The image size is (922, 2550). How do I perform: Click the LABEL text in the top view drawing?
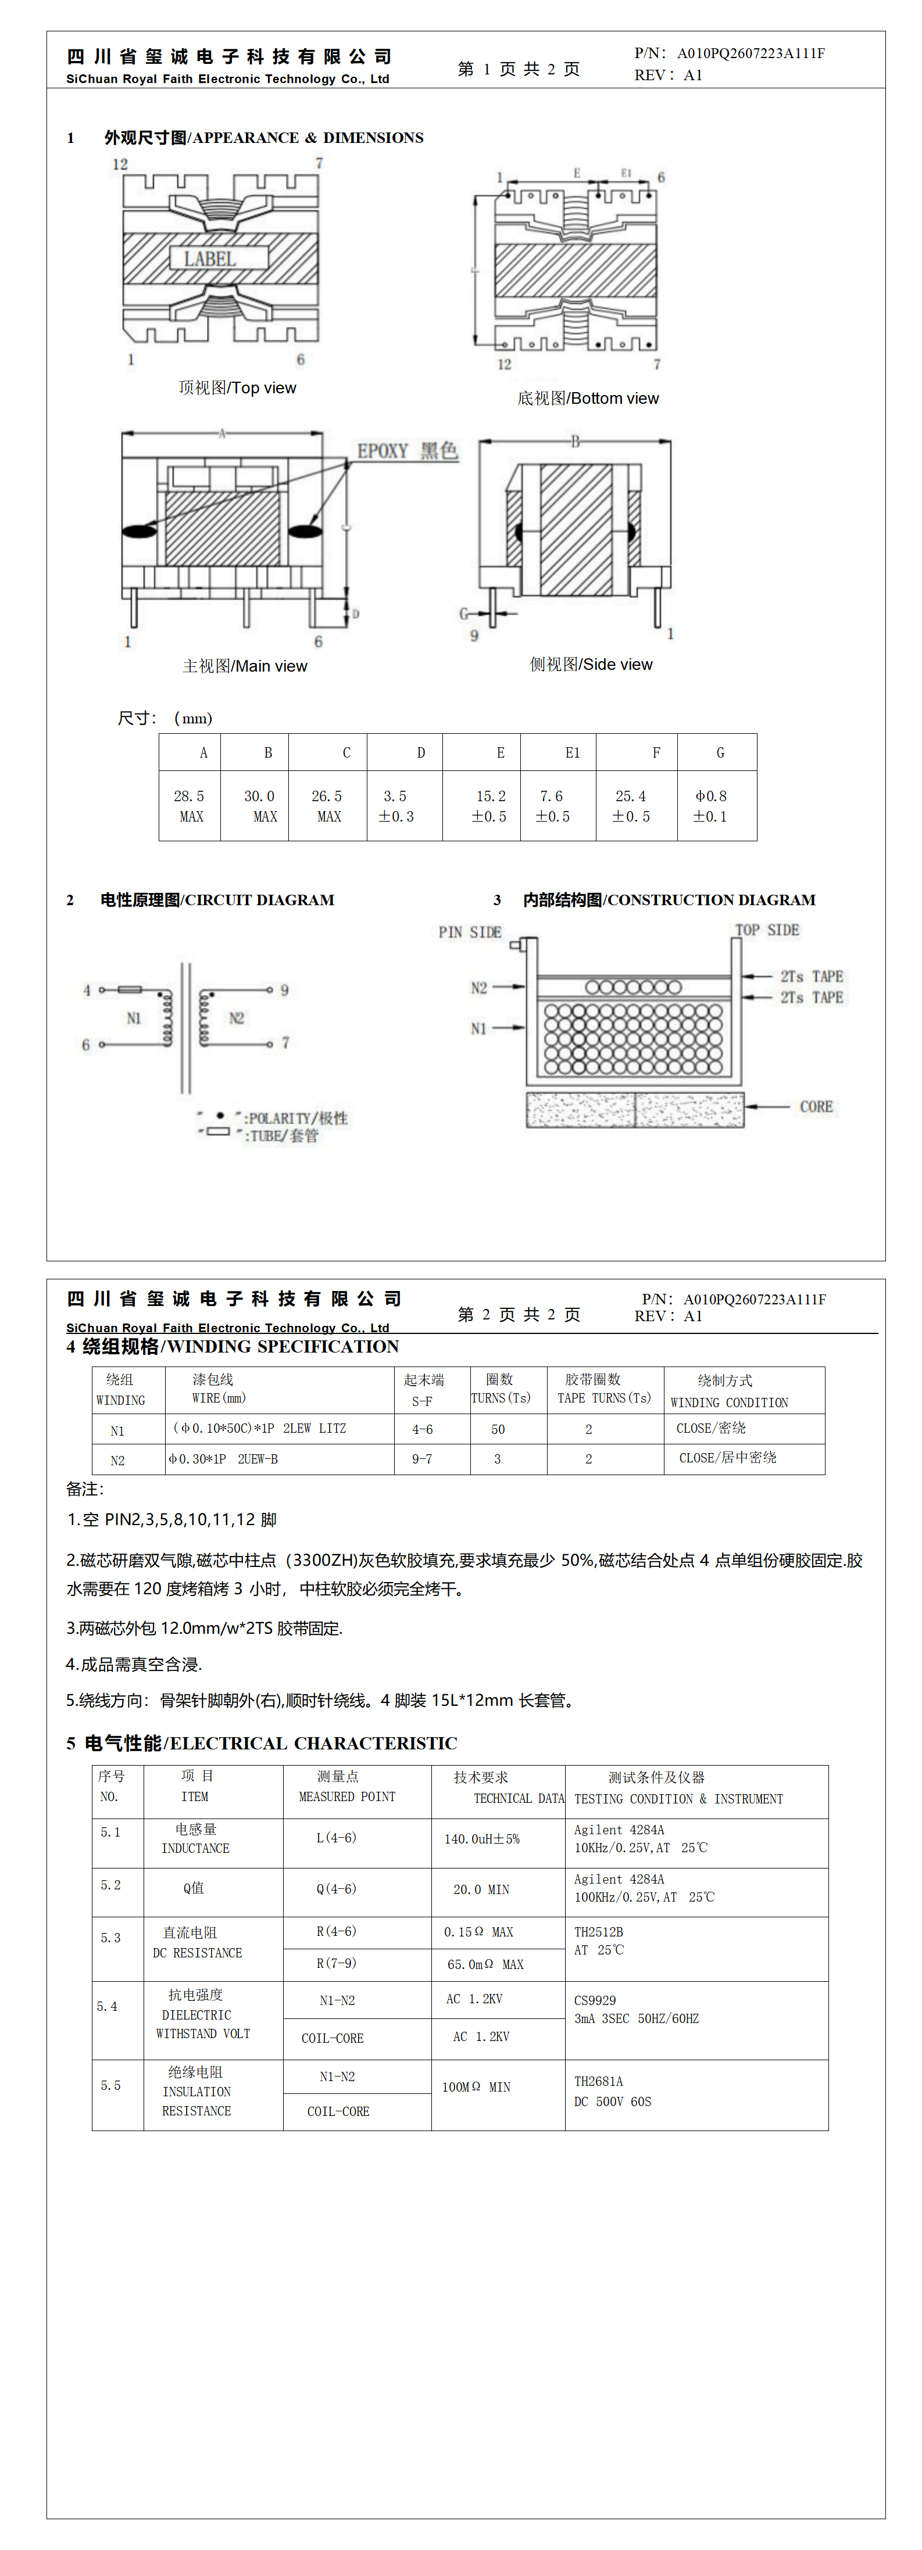209,259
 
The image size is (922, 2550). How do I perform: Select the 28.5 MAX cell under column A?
189,806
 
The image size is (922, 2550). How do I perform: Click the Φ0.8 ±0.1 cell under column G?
710,806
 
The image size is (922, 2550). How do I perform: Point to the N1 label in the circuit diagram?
134,1018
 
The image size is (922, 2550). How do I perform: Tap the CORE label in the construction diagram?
816,1107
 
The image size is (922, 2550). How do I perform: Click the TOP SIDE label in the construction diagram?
767,931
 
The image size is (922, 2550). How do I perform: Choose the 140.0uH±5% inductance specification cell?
481,1838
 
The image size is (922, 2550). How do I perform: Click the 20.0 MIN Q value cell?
481,1889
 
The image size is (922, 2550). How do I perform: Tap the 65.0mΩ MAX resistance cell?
485,1964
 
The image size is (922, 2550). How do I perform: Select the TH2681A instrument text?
598,2081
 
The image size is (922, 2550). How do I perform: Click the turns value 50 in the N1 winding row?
498,1429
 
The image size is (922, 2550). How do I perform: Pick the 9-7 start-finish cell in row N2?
422,1459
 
